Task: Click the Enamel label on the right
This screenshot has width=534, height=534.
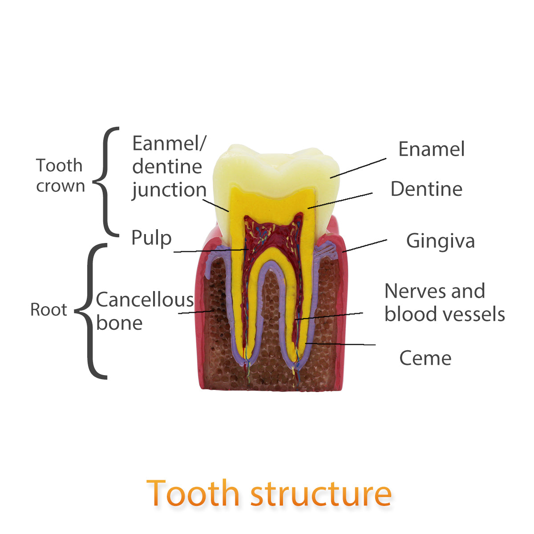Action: tap(431, 149)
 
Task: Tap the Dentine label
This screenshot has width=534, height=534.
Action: tap(426, 189)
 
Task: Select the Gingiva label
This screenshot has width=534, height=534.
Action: tap(440, 241)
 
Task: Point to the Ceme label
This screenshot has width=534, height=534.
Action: tap(425, 358)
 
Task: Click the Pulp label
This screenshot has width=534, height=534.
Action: tap(151, 238)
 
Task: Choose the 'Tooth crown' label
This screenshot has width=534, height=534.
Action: tap(60, 175)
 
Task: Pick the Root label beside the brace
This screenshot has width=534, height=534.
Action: tap(49, 310)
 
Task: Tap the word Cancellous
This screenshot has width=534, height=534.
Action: tap(145, 300)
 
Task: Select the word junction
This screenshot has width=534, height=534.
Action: tap(169, 190)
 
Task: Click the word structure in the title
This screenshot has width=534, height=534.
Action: tap(321, 493)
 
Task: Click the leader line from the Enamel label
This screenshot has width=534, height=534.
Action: tap(358, 168)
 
